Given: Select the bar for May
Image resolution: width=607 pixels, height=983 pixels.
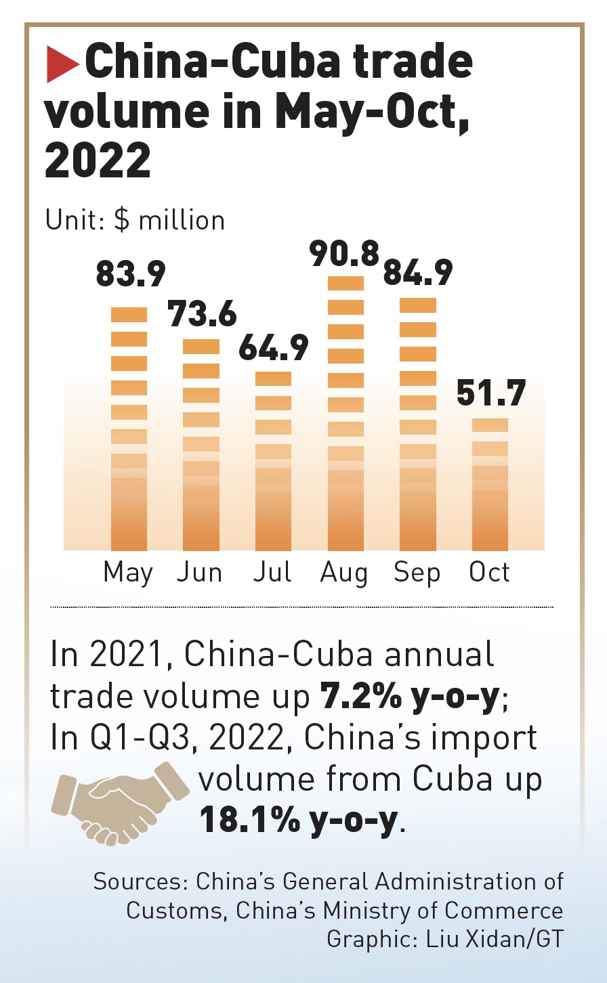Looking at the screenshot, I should coord(129,429).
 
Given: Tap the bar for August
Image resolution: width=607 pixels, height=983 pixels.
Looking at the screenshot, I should coord(346,413).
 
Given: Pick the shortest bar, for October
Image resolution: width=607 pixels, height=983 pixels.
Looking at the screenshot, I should coord(490,485).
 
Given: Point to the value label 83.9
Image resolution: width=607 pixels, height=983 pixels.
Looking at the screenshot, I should coord(131,275).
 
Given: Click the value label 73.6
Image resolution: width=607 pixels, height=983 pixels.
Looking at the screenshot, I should coord(202,314).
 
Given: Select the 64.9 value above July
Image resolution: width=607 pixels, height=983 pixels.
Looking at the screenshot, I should coord(273,347).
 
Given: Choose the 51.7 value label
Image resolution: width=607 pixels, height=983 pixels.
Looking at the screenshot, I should coord(491,394).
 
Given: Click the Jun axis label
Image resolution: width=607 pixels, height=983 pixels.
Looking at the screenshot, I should coord(199,573).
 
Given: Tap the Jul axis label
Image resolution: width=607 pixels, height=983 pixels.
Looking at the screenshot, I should coord(272,573).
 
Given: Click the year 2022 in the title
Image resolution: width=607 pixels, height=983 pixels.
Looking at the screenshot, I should coord(98,160).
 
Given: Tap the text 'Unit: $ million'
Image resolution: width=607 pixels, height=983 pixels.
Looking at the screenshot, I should coord(135,221).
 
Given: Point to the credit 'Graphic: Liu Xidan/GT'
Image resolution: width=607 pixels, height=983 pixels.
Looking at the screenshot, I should coord(444,939).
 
